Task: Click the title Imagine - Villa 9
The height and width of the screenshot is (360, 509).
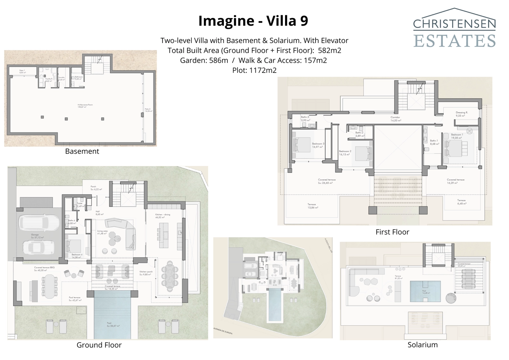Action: [253, 21]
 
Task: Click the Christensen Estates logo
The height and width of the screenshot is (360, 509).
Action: [454, 29]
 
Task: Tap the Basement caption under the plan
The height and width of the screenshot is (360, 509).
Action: [82, 151]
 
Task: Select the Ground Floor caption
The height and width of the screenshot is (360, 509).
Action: [99, 345]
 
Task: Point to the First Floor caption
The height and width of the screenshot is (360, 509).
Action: [392, 232]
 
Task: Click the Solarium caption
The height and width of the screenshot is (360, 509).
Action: [422, 344]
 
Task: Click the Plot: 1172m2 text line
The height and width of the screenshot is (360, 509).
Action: [254, 70]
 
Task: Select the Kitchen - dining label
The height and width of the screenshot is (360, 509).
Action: [163, 215]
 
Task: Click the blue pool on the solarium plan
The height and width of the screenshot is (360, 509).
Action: [425, 291]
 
